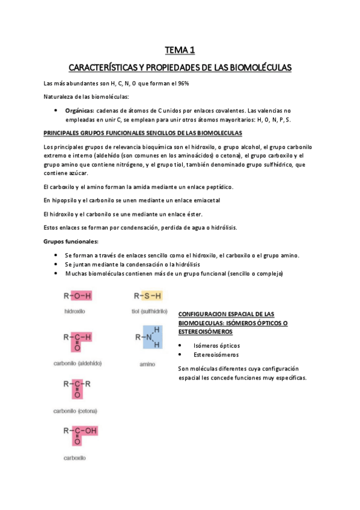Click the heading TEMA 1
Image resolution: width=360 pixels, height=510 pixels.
tap(180, 51)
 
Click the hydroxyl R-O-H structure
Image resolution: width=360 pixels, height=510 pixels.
tap(78, 296)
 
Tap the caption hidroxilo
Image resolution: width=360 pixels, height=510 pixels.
tap(74, 312)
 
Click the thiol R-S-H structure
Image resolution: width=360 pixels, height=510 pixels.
tap(148, 296)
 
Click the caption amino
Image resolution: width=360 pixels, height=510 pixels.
tap(147, 364)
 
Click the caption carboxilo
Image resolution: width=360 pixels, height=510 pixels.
tap(75, 458)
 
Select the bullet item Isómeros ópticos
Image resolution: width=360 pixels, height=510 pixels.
tap(216, 345)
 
